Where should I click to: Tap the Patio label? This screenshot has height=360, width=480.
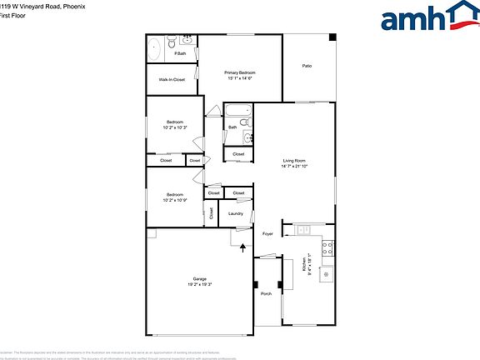tap(307, 65)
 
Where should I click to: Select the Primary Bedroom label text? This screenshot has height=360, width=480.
tap(240, 73)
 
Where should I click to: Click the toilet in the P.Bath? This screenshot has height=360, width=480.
tap(170, 40)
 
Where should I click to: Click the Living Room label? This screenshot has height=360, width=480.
tap(294, 161)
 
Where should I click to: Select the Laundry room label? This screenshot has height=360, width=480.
tap(236, 214)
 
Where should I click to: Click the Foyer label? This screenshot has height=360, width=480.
tap(267, 234)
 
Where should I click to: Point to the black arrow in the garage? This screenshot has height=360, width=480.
tap(242, 247)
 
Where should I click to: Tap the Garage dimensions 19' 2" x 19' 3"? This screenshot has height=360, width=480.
tap(200, 284)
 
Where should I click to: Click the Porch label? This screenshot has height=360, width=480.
tap(267, 294)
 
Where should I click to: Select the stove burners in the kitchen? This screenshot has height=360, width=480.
tap(329, 247)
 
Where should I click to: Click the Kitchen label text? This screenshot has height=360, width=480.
tap(302, 266)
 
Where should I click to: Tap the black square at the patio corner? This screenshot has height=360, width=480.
tap(332, 37)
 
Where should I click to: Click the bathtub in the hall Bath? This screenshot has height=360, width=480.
tap(238, 112)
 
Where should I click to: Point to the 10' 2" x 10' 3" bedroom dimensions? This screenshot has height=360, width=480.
tap(175, 127)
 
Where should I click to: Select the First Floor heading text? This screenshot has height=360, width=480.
tap(14, 15)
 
